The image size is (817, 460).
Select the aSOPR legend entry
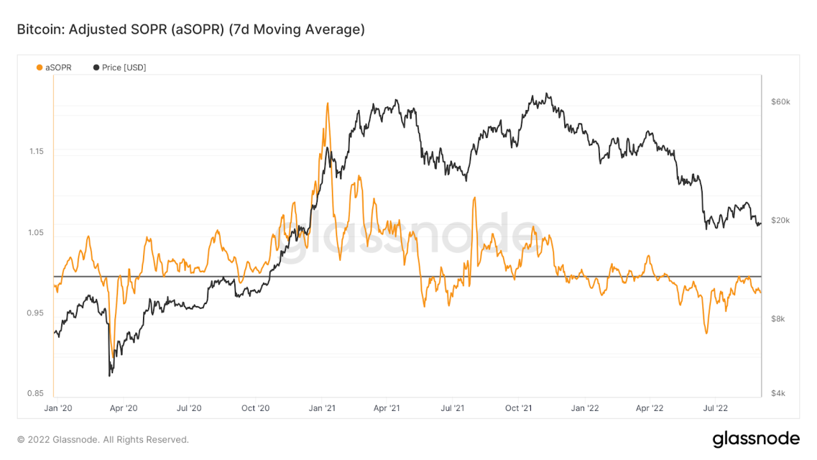coord(54,67)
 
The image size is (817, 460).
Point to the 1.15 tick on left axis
coord(36,151)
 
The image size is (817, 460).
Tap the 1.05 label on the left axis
coord(36,233)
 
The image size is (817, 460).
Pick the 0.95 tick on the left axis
coord(36,313)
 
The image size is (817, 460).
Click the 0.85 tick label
coord(36,394)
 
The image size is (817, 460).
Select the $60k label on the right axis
coord(780,102)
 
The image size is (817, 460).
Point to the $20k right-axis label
coord(780,220)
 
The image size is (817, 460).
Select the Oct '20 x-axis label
coord(257,408)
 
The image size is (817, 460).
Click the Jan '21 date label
coord(323,408)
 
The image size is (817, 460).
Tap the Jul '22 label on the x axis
coord(716,408)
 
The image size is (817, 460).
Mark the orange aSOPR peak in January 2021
coord(327,103)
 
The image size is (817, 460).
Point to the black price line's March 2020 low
coord(110,375)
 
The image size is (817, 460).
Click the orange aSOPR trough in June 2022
coord(707,333)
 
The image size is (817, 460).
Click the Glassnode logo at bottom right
coord(756,439)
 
